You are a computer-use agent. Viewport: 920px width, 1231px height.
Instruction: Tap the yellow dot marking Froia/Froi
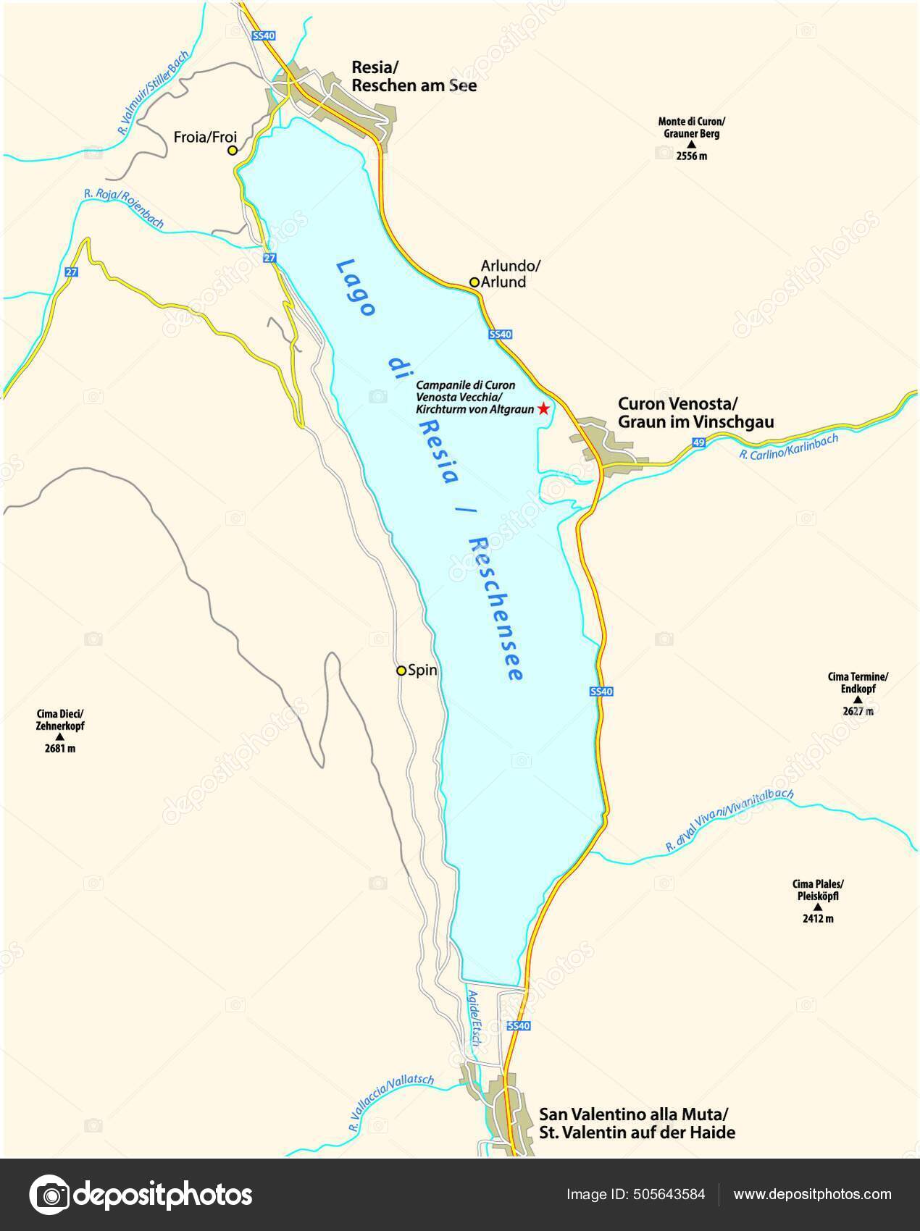[233, 151]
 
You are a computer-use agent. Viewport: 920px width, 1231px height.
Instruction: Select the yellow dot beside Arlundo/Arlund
[474, 282]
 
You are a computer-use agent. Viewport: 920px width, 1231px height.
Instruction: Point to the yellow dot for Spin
[401, 671]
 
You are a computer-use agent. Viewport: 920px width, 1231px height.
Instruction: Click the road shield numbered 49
[698, 442]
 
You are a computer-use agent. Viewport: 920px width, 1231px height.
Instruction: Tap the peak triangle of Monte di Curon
[691, 145]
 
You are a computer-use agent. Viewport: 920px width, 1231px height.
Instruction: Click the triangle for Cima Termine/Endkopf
[858, 700]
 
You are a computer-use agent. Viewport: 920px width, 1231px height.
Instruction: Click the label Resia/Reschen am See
[414, 77]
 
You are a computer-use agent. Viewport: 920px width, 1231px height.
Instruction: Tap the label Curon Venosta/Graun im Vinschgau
[695, 412]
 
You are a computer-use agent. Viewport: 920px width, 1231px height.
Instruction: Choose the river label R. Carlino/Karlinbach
[789, 446]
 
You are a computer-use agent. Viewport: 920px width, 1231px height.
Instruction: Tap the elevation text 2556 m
[691, 156]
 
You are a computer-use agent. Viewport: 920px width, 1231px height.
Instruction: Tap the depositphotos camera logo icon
[50, 1195]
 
